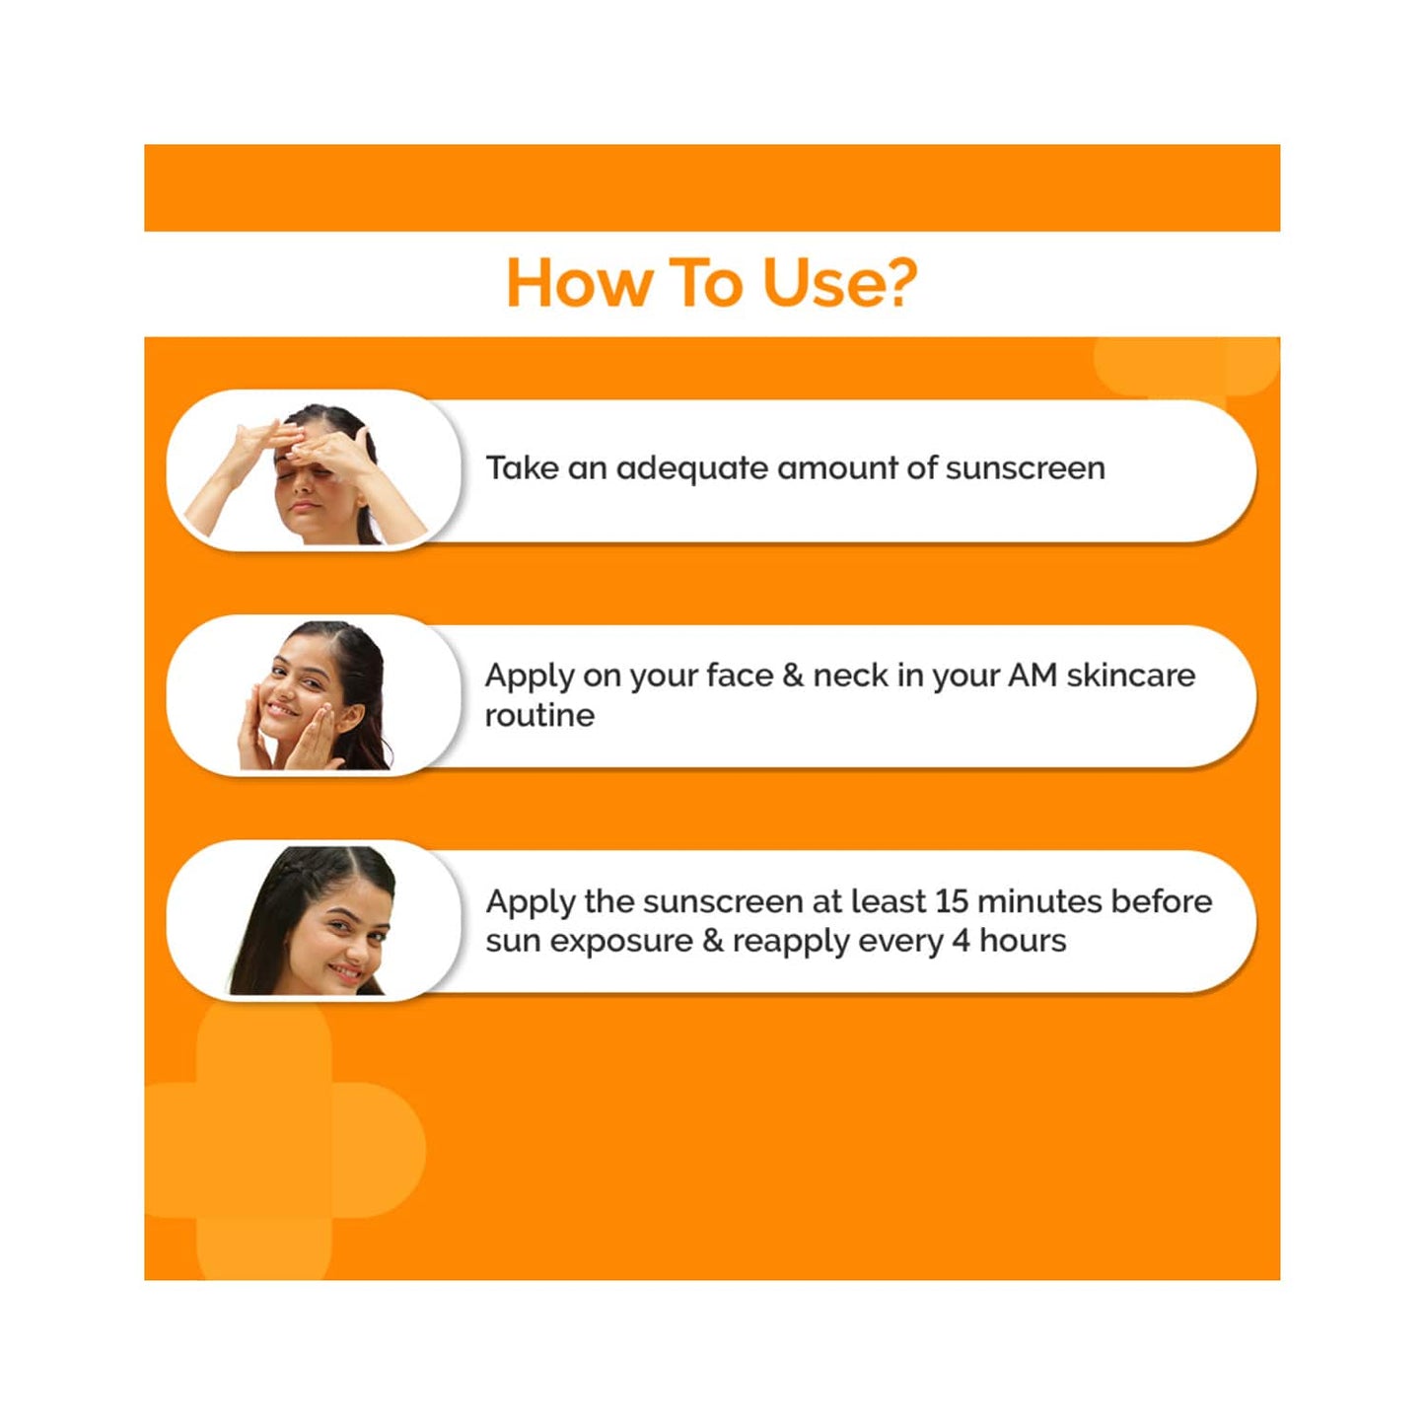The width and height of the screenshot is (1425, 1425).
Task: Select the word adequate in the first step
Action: [692, 467]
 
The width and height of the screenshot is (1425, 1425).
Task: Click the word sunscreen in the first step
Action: [1025, 467]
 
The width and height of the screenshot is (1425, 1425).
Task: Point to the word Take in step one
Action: [522, 467]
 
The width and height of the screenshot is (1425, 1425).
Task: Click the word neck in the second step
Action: [850, 676]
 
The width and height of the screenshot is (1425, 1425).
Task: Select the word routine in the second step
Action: [539, 715]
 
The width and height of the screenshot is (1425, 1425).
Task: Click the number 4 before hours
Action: [961, 941]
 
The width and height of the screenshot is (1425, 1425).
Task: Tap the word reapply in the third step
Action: [787, 942]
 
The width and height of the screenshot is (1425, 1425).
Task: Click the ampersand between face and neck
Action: [793, 676]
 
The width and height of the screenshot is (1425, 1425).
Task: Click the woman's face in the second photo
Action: [301, 690]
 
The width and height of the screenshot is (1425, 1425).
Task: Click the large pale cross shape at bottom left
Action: [264, 1149]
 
